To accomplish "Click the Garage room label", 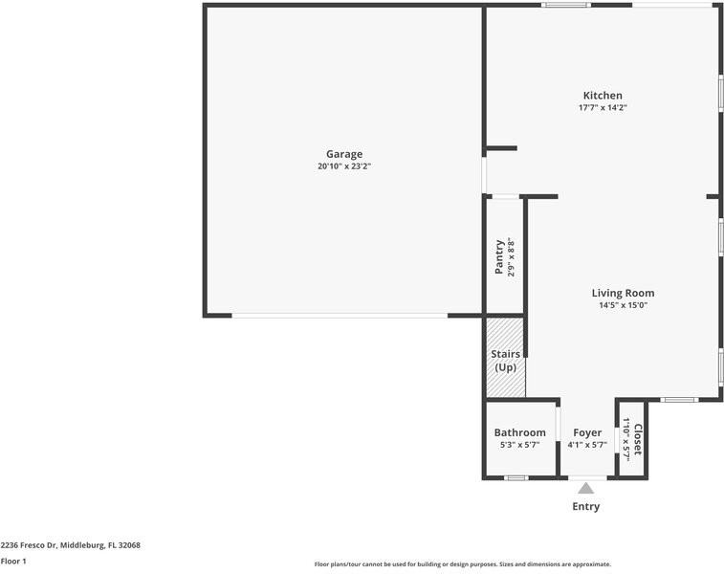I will pos(344,154).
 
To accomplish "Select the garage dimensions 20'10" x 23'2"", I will pos(344,166).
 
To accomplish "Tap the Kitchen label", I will pos(603,96).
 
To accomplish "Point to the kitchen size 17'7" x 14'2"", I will pos(603,108).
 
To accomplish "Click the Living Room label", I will pos(623,294).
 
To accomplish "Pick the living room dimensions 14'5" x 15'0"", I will pos(623,306).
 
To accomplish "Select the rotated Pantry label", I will pos(499,257).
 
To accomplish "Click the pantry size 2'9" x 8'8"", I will pos(512,257).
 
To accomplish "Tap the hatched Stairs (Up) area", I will pos(505,360).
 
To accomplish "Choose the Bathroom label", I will pos(519,432).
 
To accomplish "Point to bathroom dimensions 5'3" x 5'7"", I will pos(519,445).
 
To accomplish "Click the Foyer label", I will pos(587,432).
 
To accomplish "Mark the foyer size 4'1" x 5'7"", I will pos(587,445).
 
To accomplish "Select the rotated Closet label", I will pos(638,439).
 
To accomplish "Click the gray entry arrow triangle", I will pos(585,488).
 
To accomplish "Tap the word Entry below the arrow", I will pos(585,507).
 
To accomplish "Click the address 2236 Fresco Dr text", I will pos(70,545).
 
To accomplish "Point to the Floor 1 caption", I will pos(13,562).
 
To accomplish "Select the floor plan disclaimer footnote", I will pos(462,564).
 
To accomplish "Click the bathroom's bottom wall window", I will pos(516,477).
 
